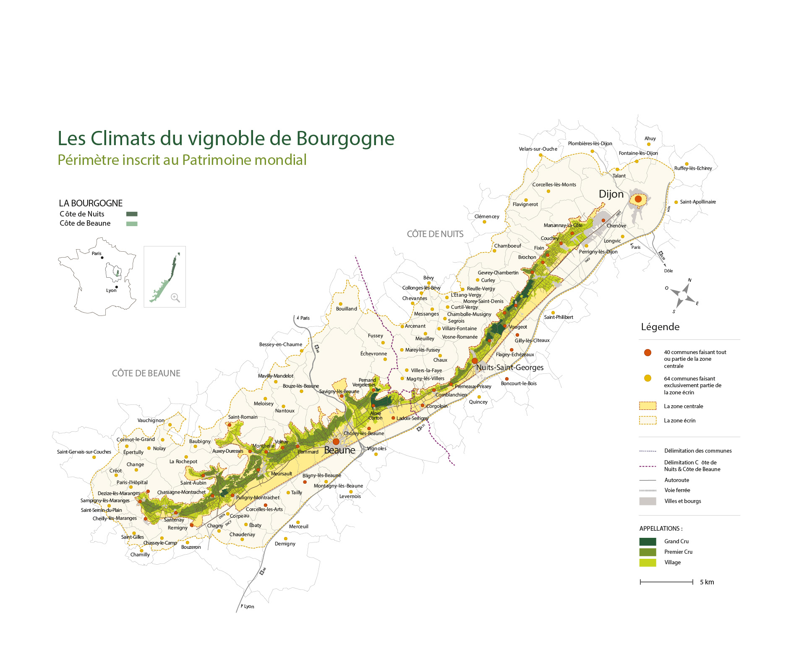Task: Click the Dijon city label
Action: pyautogui.click(x=611, y=194)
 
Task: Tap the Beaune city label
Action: pyautogui.click(x=339, y=450)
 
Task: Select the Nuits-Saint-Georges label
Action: pyautogui.click(x=509, y=367)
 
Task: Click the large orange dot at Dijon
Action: pyautogui.click(x=638, y=199)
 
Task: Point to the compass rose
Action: pyautogui.click(x=682, y=296)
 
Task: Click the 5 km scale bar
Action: pyautogui.click(x=666, y=582)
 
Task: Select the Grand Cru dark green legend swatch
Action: pyautogui.click(x=647, y=542)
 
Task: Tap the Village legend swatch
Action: pyautogui.click(x=647, y=563)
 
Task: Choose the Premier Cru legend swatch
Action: pyautogui.click(x=647, y=552)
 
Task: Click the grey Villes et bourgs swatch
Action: pyautogui.click(x=647, y=501)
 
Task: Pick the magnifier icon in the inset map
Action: pyautogui.click(x=175, y=298)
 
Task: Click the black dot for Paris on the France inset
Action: pyautogui.click(x=102, y=258)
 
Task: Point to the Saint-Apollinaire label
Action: pyautogui.click(x=698, y=202)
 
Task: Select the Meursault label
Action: pyautogui.click(x=281, y=474)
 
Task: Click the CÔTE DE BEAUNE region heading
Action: pyautogui.click(x=146, y=373)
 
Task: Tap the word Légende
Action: pyautogui.click(x=660, y=327)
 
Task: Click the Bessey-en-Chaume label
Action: pyautogui.click(x=280, y=344)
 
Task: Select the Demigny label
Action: pyautogui.click(x=285, y=544)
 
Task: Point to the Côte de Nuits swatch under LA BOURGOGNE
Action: pyautogui.click(x=132, y=214)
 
